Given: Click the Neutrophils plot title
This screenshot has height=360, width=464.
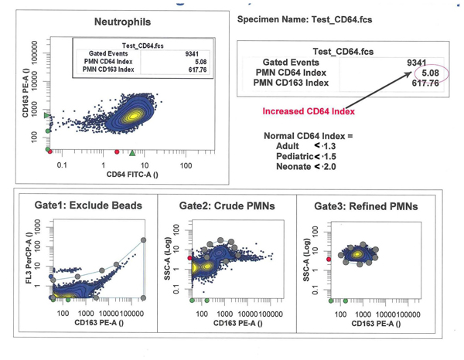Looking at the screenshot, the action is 122,22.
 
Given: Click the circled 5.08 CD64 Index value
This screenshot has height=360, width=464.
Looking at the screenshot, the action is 430,73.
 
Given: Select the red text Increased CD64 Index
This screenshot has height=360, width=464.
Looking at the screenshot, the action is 309,111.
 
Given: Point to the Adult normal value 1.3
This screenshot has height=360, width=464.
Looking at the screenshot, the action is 329,146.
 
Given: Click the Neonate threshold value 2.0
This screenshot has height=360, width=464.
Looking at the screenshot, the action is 329,167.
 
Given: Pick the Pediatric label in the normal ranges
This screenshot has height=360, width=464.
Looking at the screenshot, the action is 295,156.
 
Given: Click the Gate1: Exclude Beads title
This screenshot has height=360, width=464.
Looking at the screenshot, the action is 88,205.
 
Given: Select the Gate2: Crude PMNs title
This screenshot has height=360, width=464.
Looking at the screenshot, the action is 227,205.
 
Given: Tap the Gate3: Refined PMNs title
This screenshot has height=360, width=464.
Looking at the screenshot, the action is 366,206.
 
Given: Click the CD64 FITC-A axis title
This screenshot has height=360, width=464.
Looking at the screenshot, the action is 132,175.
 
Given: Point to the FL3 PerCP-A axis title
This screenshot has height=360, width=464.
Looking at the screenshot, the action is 29,258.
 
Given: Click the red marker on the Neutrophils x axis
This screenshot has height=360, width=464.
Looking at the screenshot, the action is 117,152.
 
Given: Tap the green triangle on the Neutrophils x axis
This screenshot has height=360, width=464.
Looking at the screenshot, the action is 132,153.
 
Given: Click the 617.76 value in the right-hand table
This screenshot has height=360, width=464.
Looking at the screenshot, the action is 425,83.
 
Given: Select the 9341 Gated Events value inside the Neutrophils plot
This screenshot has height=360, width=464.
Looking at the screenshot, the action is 192,54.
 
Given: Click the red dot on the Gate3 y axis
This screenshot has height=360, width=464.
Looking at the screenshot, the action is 329,260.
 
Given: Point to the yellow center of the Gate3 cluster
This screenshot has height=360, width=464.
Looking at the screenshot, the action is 357,254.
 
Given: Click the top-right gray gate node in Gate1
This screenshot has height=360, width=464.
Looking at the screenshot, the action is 143,240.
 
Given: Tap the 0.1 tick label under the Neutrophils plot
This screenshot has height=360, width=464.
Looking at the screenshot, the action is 62,165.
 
